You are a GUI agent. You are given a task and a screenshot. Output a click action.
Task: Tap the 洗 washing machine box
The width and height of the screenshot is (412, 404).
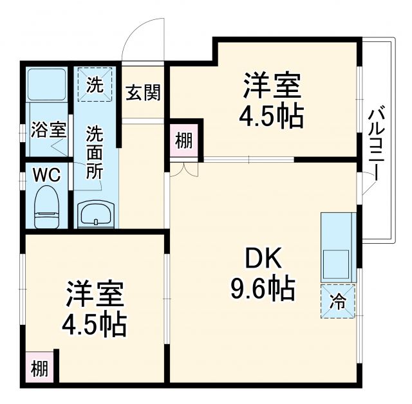(95, 85)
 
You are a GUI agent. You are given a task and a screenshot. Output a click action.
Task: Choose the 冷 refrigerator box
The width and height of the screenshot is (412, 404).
(338, 301)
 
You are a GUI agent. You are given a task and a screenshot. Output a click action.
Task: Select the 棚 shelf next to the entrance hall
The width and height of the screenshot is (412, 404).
(184, 140)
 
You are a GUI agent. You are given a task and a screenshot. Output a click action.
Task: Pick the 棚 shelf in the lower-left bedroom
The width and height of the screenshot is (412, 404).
(40, 369)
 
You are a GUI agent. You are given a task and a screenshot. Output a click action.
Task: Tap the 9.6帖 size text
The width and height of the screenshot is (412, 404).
(263, 289)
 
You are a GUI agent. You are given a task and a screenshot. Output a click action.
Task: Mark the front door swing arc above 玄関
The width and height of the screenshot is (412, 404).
(143, 40)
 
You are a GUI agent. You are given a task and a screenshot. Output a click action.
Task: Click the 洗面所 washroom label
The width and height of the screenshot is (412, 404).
(95, 157)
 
